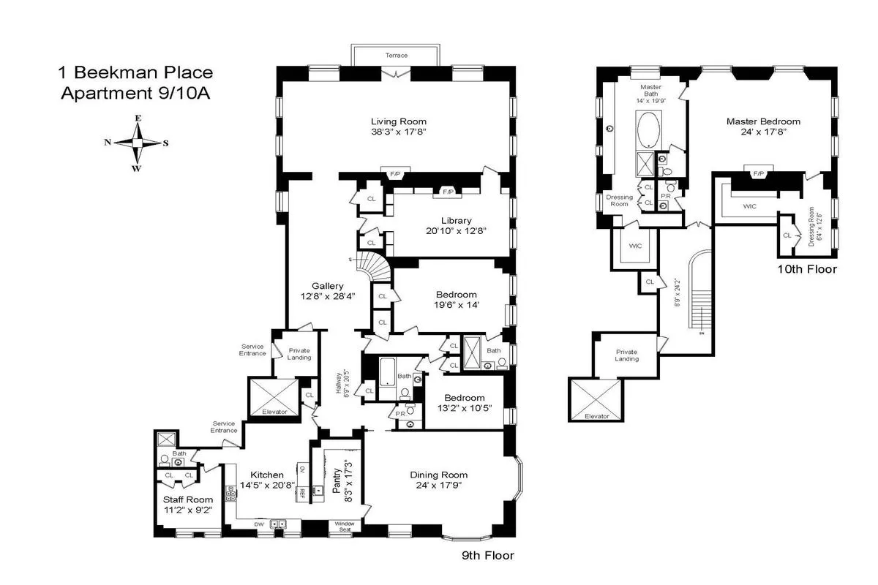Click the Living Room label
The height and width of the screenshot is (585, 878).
(398, 121)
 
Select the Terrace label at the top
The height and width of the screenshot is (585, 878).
(397, 56)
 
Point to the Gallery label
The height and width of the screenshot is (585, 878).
(328, 286)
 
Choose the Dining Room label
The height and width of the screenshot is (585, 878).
(438, 474)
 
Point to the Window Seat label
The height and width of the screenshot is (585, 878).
(344, 526)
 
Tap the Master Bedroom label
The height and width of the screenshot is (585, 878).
(762, 121)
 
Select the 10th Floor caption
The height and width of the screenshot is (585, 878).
(807, 269)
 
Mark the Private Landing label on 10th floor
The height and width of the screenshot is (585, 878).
(626, 355)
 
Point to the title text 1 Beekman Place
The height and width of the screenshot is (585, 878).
(135, 72)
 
